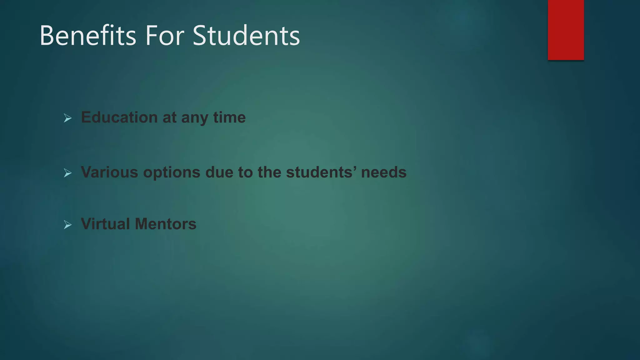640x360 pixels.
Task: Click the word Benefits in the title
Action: [88, 36]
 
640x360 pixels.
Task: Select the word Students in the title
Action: [246, 36]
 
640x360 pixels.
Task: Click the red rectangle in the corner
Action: [566, 30]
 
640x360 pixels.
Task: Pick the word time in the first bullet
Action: [229, 117]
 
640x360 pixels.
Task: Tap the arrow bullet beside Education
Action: [67, 118]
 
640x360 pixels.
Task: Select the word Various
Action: [109, 172]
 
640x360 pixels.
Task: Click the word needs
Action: [383, 172]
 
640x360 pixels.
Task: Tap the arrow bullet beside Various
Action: [67, 173]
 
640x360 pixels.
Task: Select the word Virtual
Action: [105, 224]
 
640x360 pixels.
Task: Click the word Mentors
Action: [165, 224]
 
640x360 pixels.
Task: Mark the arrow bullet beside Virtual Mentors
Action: [67, 225]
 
